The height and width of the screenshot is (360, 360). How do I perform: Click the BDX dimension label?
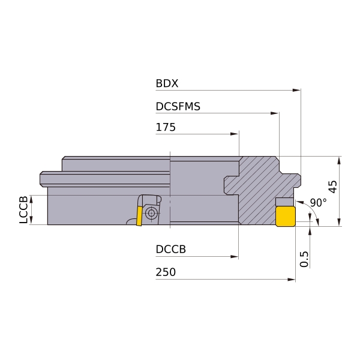point(167,83)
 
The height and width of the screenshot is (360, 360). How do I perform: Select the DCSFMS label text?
point(178,106)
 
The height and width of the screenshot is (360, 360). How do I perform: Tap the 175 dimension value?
point(166,127)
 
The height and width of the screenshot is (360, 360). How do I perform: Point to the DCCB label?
point(170,249)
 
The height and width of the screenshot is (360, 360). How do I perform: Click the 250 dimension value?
point(166,272)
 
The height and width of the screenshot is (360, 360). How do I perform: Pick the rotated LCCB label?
point(23,209)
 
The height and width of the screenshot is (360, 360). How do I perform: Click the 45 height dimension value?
point(332,187)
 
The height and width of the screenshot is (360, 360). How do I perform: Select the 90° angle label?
point(318,203)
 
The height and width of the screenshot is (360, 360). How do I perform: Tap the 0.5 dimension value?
point(304,259)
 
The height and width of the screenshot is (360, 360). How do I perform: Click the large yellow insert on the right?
point(286,216)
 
